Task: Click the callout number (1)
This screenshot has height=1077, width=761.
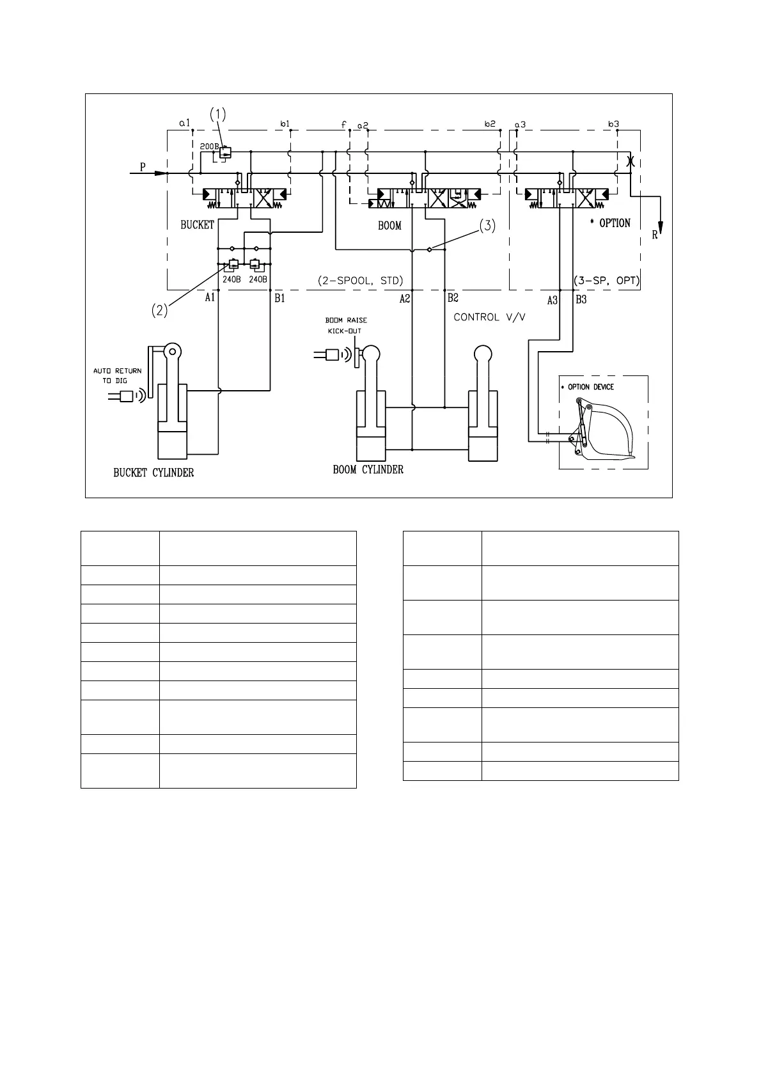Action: [218, 114]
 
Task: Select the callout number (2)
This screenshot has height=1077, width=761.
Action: [160, 310]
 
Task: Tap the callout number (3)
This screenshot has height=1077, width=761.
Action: [487, 226]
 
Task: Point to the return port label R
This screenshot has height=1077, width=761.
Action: [655, 235]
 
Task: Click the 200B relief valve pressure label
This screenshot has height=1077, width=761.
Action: [209, 146]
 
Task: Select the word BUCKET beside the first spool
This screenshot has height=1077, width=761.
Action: [197, 224]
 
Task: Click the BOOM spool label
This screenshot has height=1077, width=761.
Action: [389, 225]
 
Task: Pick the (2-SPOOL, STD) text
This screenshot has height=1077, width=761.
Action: [360, 281]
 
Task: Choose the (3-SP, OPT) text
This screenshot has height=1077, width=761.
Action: [606, 281]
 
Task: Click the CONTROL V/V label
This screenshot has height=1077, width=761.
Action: [489, 317]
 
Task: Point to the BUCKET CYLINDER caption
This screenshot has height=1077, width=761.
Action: [153, 473]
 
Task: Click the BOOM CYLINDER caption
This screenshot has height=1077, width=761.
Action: [368, 469]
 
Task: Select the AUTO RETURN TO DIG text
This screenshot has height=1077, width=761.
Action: [118, 375]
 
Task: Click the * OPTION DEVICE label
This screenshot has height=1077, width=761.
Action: [590, 387]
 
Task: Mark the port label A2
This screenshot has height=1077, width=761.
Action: [405, 298]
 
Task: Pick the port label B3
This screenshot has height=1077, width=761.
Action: [581, 299]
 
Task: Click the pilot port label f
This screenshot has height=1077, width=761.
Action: [343, 124]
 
